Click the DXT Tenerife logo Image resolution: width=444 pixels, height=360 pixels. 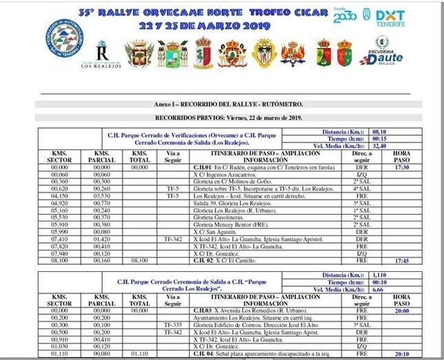[390, 18]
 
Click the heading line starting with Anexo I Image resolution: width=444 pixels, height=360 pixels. [229, 104]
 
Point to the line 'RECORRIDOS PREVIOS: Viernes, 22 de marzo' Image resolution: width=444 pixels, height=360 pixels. [229, 118]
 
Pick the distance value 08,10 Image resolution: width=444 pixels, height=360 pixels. [380, 131]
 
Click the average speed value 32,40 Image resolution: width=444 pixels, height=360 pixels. [380, 146]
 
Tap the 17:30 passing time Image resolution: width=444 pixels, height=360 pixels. [402, 167]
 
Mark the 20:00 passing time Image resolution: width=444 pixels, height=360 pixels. [402, 310]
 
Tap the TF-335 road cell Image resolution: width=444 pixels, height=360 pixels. [172, 324]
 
